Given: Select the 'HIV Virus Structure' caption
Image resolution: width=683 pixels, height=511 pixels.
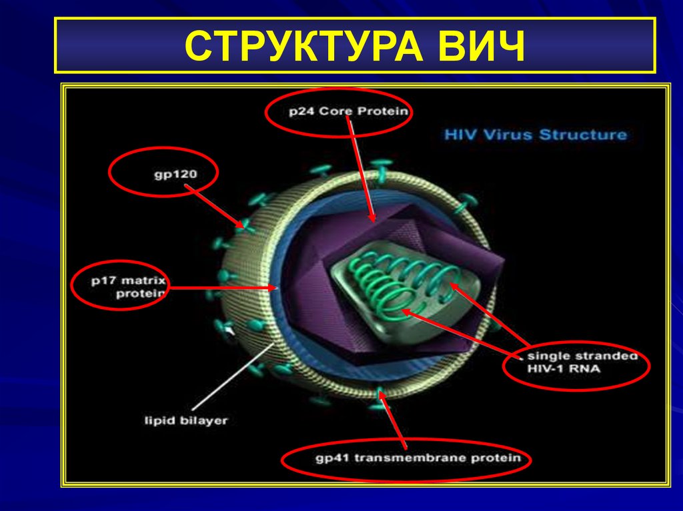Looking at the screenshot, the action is coord(536,135).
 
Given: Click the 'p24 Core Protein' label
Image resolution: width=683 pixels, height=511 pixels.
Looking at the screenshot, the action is coord(348,111).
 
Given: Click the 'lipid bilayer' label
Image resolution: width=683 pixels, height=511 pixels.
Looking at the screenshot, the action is coord(186,420).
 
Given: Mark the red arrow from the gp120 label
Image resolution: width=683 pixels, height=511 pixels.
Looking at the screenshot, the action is coord(213,207).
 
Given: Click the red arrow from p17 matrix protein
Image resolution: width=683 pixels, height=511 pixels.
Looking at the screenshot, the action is coord(223,288).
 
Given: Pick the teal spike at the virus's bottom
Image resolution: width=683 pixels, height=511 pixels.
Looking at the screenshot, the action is coord(381,393).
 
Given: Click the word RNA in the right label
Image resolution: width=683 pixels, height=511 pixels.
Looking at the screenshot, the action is coord(590,368).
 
